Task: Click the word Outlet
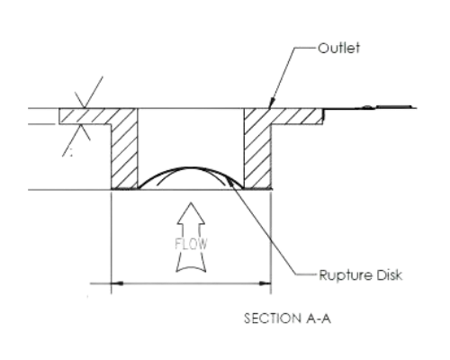[338, 48]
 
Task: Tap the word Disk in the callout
[389, 274]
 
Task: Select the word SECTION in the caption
[273, 319]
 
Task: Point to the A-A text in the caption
[319, 319]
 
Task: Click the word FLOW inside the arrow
[191, 244]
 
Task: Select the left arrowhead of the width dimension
[117, 283]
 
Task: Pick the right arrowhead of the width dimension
[265, 283]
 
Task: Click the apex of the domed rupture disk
[191, 167]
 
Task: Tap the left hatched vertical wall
[124, 156]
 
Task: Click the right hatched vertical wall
[257, 156]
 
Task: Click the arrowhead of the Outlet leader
[270, 103]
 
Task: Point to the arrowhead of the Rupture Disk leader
[230, 181]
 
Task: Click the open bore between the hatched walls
[191, 138]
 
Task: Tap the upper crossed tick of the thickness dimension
[85, 100]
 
